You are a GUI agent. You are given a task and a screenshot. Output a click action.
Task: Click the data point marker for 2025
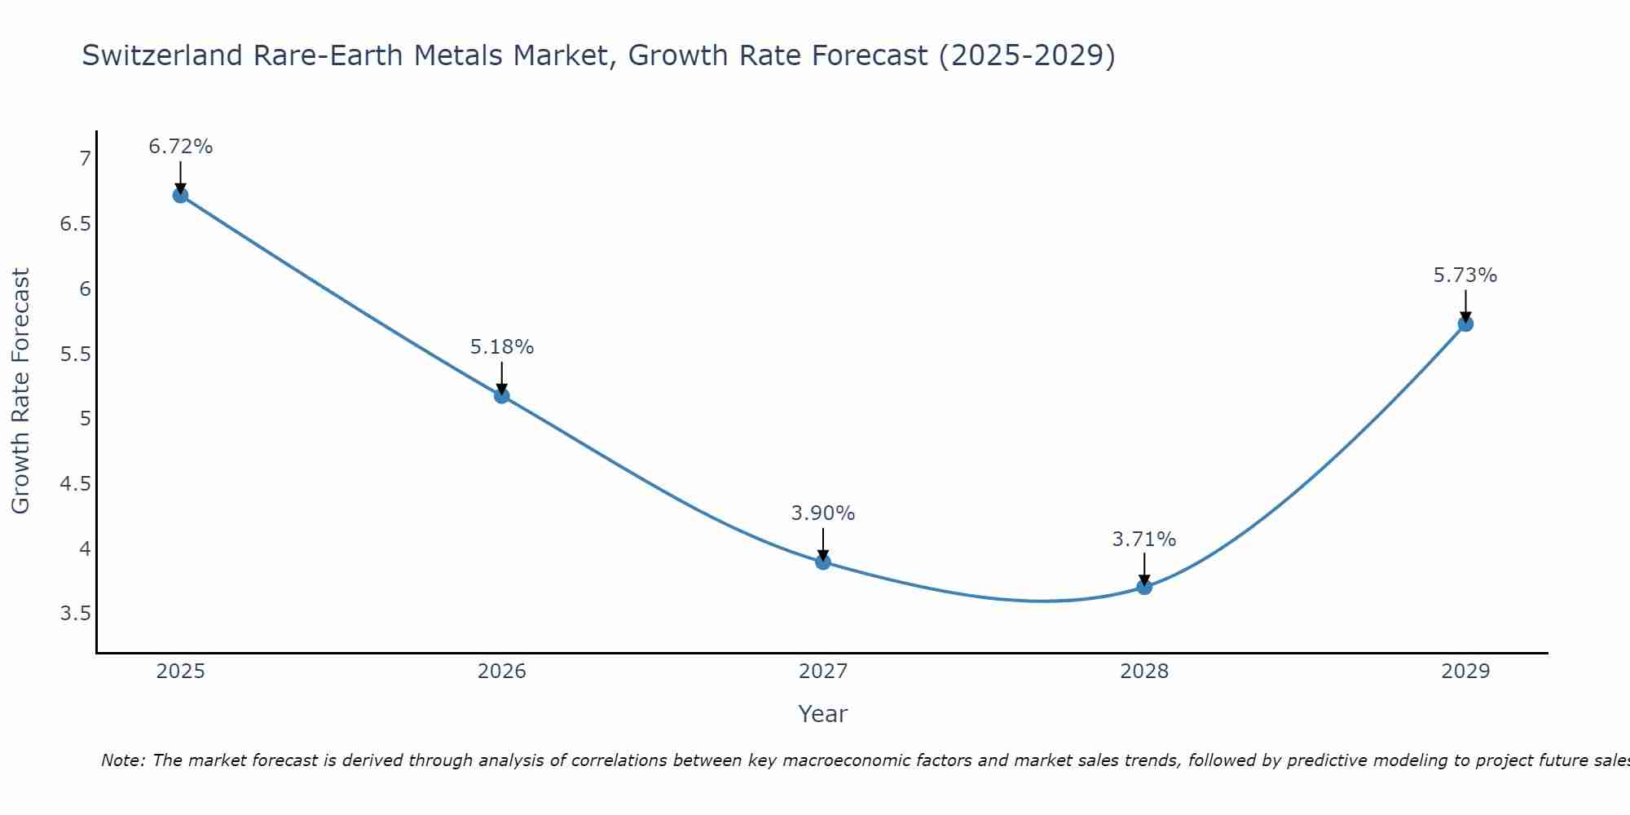[x=181, y=196]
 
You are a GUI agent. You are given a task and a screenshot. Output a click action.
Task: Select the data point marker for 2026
[x=502, y=396]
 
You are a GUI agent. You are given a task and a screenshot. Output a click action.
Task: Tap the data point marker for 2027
[x=823, y=562]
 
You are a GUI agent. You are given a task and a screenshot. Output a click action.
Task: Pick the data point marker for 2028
[x=1144, y=587]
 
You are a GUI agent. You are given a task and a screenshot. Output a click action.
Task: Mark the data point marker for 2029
[x=1465, y=324]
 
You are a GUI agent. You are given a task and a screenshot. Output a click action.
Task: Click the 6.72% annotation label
[x=181, y=147]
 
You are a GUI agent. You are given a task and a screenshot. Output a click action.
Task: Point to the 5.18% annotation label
[x=502, y=347]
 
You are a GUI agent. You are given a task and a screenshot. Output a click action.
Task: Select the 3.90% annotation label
[x=823, y=513]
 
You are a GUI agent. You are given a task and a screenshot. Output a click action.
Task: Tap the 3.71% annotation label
[x=1144, y=540]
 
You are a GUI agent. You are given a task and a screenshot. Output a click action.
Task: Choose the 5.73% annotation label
[x=1465, y=275]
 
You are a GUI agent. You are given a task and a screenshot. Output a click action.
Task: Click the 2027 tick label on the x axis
[x=823, y=672]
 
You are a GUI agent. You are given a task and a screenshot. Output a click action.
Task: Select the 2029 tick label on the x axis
[x=1465, y=672]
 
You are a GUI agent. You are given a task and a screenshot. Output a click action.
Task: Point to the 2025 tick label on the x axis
[x=181, y=672]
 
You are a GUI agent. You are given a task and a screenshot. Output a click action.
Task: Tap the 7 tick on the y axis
[x=85, y=159]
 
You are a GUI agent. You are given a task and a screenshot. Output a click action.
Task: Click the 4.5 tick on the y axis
[x=76, y=484]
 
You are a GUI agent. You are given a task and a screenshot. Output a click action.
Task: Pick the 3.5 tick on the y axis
[x=76, y=614]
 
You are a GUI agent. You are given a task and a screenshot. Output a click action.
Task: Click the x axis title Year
[x=823, y=714]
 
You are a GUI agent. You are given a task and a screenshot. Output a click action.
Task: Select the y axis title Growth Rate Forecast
[x=20, y=391]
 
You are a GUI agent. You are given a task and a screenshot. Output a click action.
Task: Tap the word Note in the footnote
[x=122, y=760]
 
